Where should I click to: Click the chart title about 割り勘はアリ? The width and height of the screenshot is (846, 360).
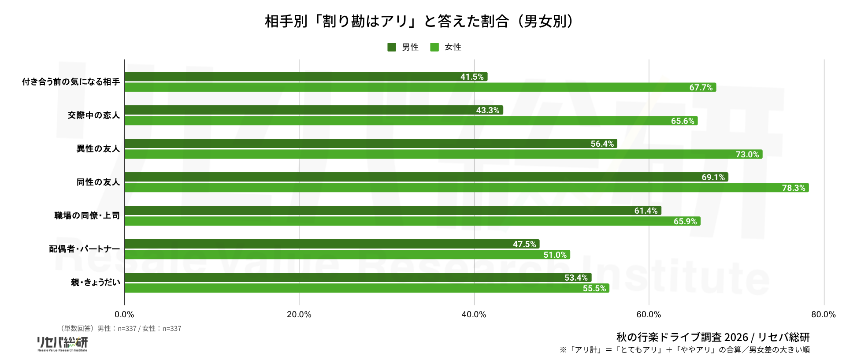(x=419, y=21)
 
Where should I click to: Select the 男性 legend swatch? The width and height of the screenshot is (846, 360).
(x=392, y=47)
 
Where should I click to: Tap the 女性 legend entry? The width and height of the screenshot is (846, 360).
(x=446, y=47)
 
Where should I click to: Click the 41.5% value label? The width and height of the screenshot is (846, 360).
(x=472, y=77)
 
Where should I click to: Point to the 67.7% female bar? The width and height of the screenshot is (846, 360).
(x=420, y=87)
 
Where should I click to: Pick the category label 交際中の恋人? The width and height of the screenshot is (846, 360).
(x=93, y=115)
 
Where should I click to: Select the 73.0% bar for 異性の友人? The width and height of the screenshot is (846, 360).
(x=444, y=154)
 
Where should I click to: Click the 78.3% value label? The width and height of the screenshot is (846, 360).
(x=794, y=188)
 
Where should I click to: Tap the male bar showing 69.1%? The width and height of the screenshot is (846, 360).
(x=427, y=177)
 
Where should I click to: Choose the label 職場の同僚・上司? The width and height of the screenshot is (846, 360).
(x=87, y=215)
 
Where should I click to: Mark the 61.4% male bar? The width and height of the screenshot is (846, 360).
(x=393, y=210)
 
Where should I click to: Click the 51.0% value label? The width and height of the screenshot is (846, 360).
(x=555, y=255)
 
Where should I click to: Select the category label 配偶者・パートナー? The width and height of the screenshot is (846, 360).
(x=84, y=249)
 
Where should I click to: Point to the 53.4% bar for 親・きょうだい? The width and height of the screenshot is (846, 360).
(x=358, y=277)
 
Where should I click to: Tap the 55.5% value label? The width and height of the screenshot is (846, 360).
(x=594, y=288)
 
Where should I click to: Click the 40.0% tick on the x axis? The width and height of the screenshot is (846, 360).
(x=474, y=314)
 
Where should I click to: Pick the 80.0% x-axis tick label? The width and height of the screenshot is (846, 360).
(x=824, y=314)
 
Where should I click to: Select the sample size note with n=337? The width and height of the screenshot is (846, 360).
(x=120, y=328)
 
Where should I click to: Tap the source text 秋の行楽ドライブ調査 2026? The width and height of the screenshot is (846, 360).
(x=682, y=337)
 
